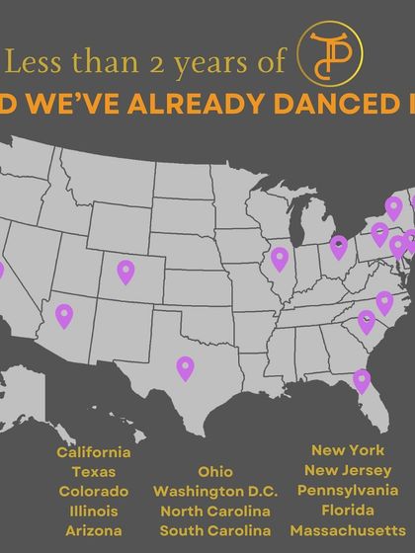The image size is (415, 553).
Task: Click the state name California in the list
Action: click(94, 452)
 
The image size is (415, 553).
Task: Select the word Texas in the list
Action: click(94, 472)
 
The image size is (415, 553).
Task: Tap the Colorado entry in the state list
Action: click(94, 492)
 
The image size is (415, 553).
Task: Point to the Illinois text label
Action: click(94, 512)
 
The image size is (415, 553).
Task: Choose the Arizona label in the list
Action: click(94, 531)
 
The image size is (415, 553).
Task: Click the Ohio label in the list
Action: click(215, 472)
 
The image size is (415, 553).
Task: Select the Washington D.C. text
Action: click(215, 492)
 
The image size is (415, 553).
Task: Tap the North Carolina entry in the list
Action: click(215, 512)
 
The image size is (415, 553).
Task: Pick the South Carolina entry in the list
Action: click(215, 531)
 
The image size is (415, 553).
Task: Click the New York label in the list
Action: click(347, 450)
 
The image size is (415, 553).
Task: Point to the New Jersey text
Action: click(347, 470)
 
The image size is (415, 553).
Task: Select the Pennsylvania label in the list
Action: click(347, 491)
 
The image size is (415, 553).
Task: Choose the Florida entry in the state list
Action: click(347, 511)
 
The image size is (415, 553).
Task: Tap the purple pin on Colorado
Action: click(125, 271)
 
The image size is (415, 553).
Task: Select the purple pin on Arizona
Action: click(64, 315)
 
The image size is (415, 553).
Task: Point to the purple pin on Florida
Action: click(362, 379)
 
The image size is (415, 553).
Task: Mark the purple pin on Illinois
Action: click(280, 259)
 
